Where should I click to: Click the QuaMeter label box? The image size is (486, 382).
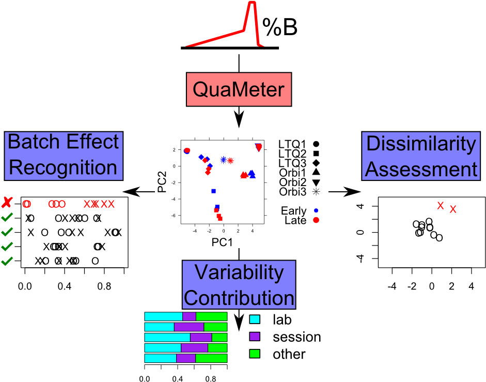pyautogui.click(x=239, y=89)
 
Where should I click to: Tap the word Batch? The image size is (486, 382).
pyautogui.click(x=31, y=142)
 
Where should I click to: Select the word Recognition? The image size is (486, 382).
pyautogui.click(x=63, y=167)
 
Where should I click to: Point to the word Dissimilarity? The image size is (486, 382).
pyautogui.click(x=420, y=144)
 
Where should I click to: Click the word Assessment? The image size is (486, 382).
pyautogui.click(x=421, y=170)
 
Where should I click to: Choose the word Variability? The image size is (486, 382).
pyautogui.click(x=239, y=272)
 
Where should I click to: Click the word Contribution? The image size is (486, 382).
pyautogui.click(x=239, y=298)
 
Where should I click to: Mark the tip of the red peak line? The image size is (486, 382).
pyautogui.click(x=252, y=2)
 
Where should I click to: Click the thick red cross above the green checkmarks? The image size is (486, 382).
pyautogui.click(x=7, y=202)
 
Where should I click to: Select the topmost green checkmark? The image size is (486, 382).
pyautogui.click(x=7, y=218)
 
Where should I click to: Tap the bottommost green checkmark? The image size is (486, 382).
pyautogui.click(x=7, y=262)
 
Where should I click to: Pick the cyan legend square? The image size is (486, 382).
pyautogui.click(x=255, y=319)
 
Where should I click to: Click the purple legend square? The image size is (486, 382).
pyautogui.click(x=255, y=337)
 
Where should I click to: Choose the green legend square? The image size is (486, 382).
pyautogui.click(x=255, y=354)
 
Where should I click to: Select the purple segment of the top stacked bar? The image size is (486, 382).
pyautogui.click(x=189, y=316)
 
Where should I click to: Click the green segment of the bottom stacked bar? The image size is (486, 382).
pyautogui.click(x=211, y=358)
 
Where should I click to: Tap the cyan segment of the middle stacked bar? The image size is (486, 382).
pyautogui.click(x=167, y=337)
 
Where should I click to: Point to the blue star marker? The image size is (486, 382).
pyautogui.click(x=223, y=160)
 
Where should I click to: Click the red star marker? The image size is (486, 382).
pyautogui.click(x=230, y=160)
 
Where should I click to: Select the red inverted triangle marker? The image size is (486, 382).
pyautogui.click(x=259, y=147)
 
